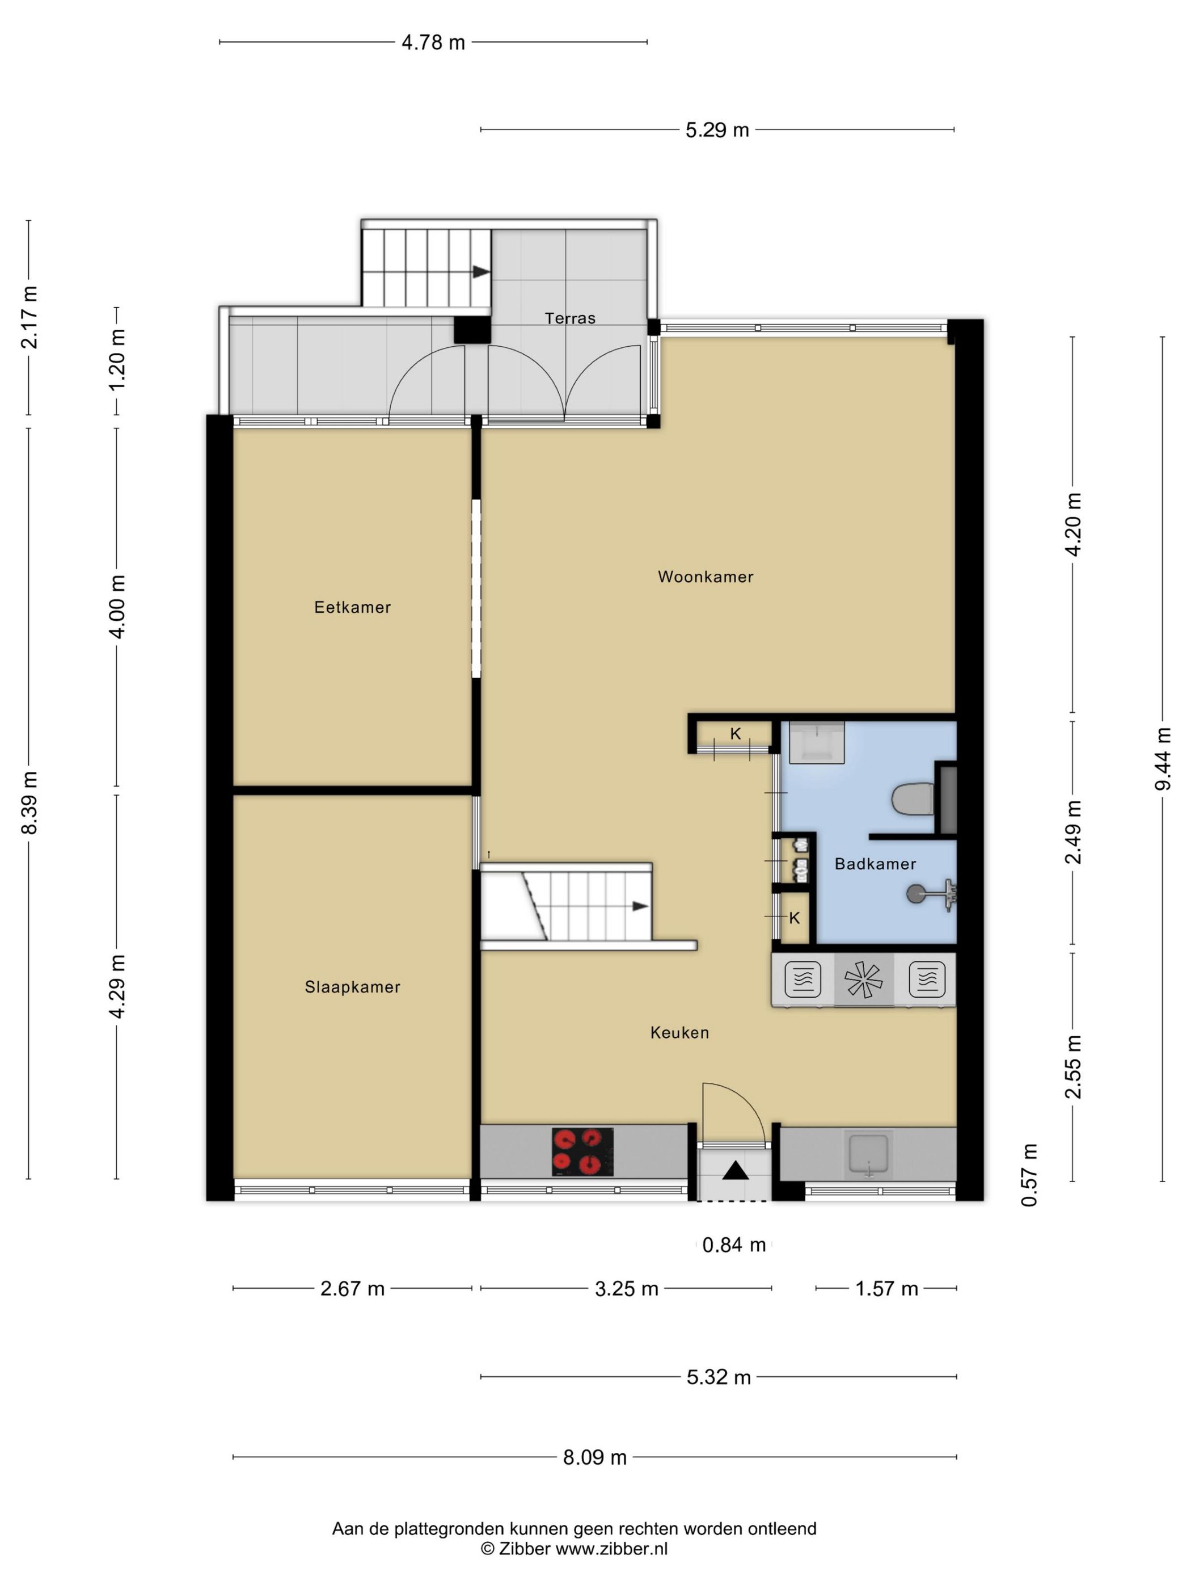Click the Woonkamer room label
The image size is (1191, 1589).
705,577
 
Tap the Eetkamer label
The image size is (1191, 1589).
353,608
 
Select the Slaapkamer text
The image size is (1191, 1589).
353,987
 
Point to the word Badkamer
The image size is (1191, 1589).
875,864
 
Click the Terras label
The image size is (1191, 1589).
570,318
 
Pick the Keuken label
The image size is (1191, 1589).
679,1033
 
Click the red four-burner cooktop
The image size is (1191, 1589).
582,1151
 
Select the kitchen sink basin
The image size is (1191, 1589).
869,1154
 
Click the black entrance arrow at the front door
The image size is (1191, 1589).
735,1171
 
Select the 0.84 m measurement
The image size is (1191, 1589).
734,1245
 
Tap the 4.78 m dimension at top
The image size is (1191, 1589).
433,43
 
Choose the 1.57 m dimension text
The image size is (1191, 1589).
886,1289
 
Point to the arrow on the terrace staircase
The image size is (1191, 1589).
481,272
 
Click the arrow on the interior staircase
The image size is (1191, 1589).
640,906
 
